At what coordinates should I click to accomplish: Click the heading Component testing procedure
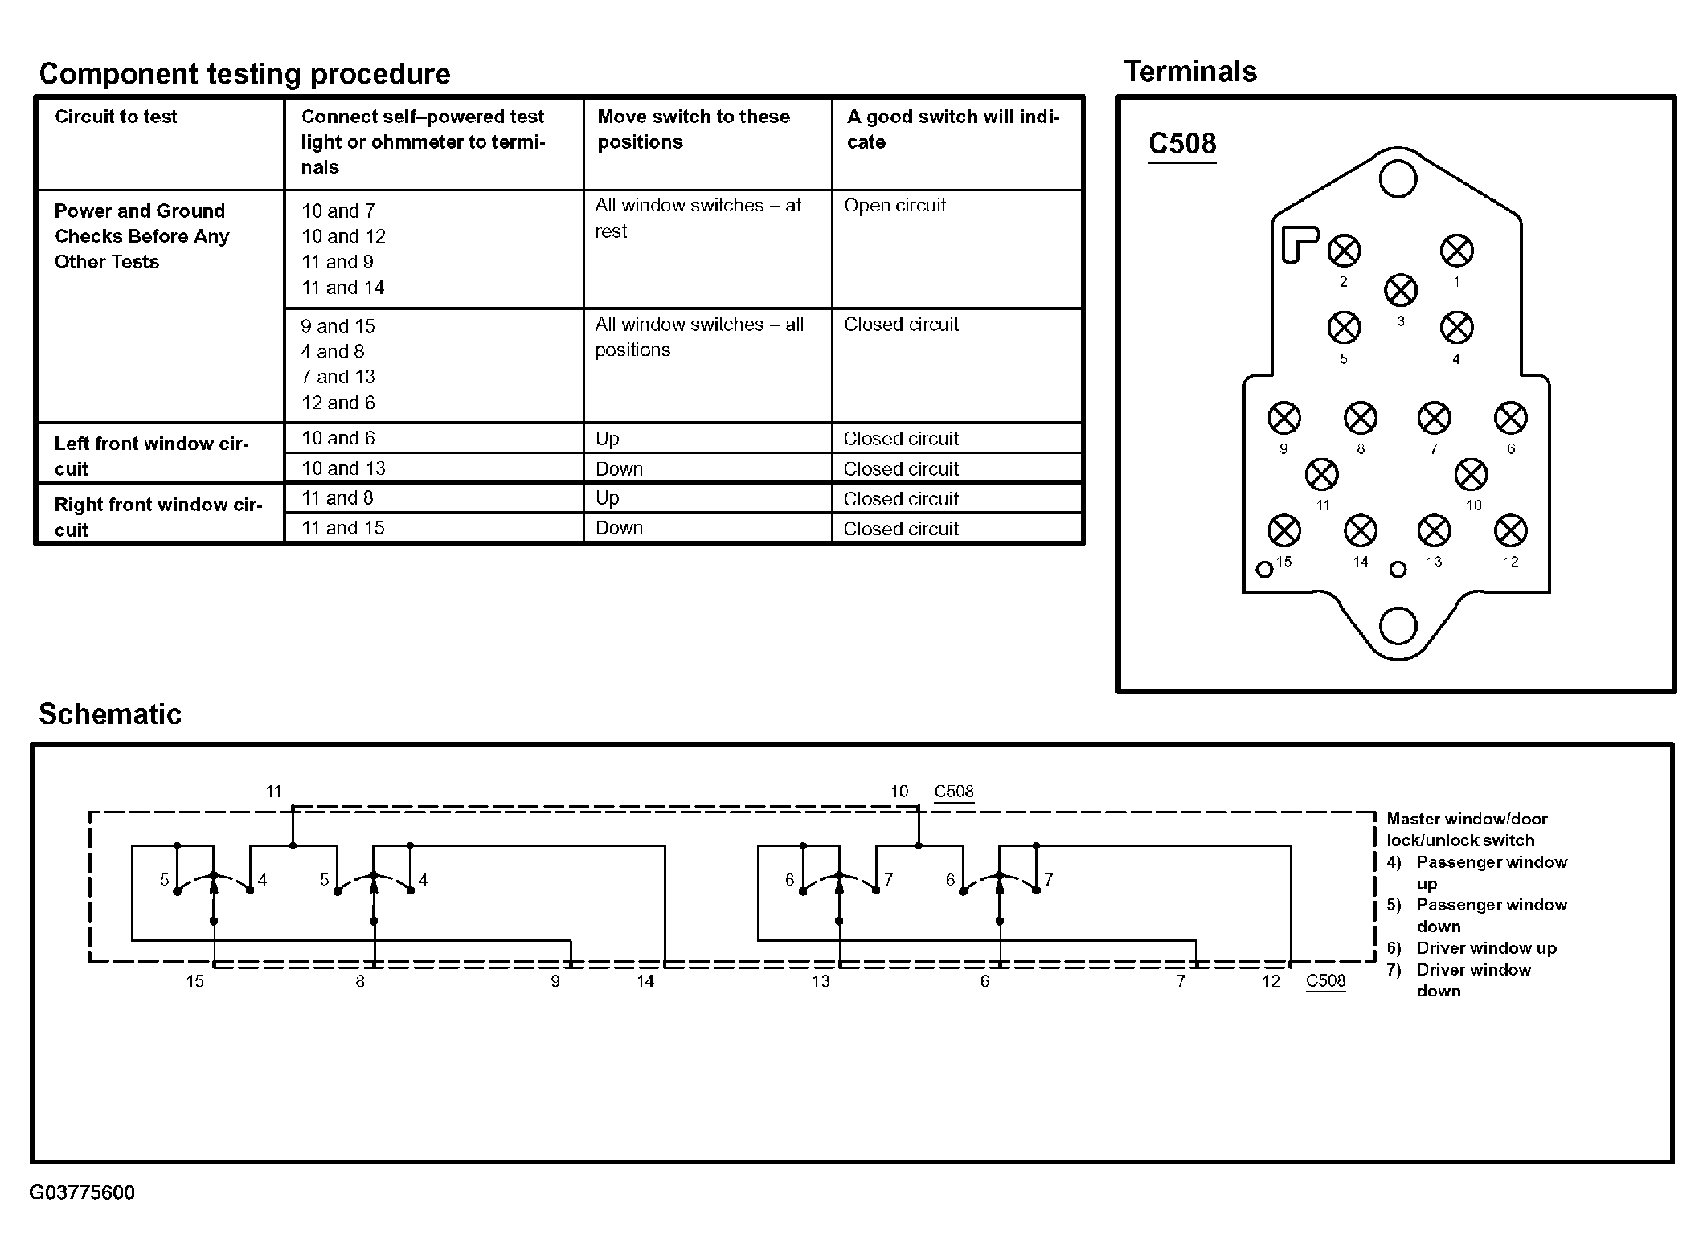point(244,74)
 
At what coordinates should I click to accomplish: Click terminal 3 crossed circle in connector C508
point(1401,290)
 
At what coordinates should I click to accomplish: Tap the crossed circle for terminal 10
point(1471,475)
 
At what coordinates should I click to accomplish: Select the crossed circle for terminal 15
point(1283,530)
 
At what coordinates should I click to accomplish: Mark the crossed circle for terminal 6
point(1510,418)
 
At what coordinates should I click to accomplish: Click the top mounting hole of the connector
point(1398,178)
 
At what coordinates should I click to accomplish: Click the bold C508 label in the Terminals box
point(1182,144)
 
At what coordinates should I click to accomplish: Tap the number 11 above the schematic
point(274,792)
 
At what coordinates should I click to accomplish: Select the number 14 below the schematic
point(645,981)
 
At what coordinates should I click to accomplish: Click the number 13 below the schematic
point(820,981)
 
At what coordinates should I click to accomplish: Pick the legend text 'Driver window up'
point(1486,948)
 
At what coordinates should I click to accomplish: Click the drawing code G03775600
point(82,1192)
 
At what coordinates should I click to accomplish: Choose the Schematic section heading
point(110,714)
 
